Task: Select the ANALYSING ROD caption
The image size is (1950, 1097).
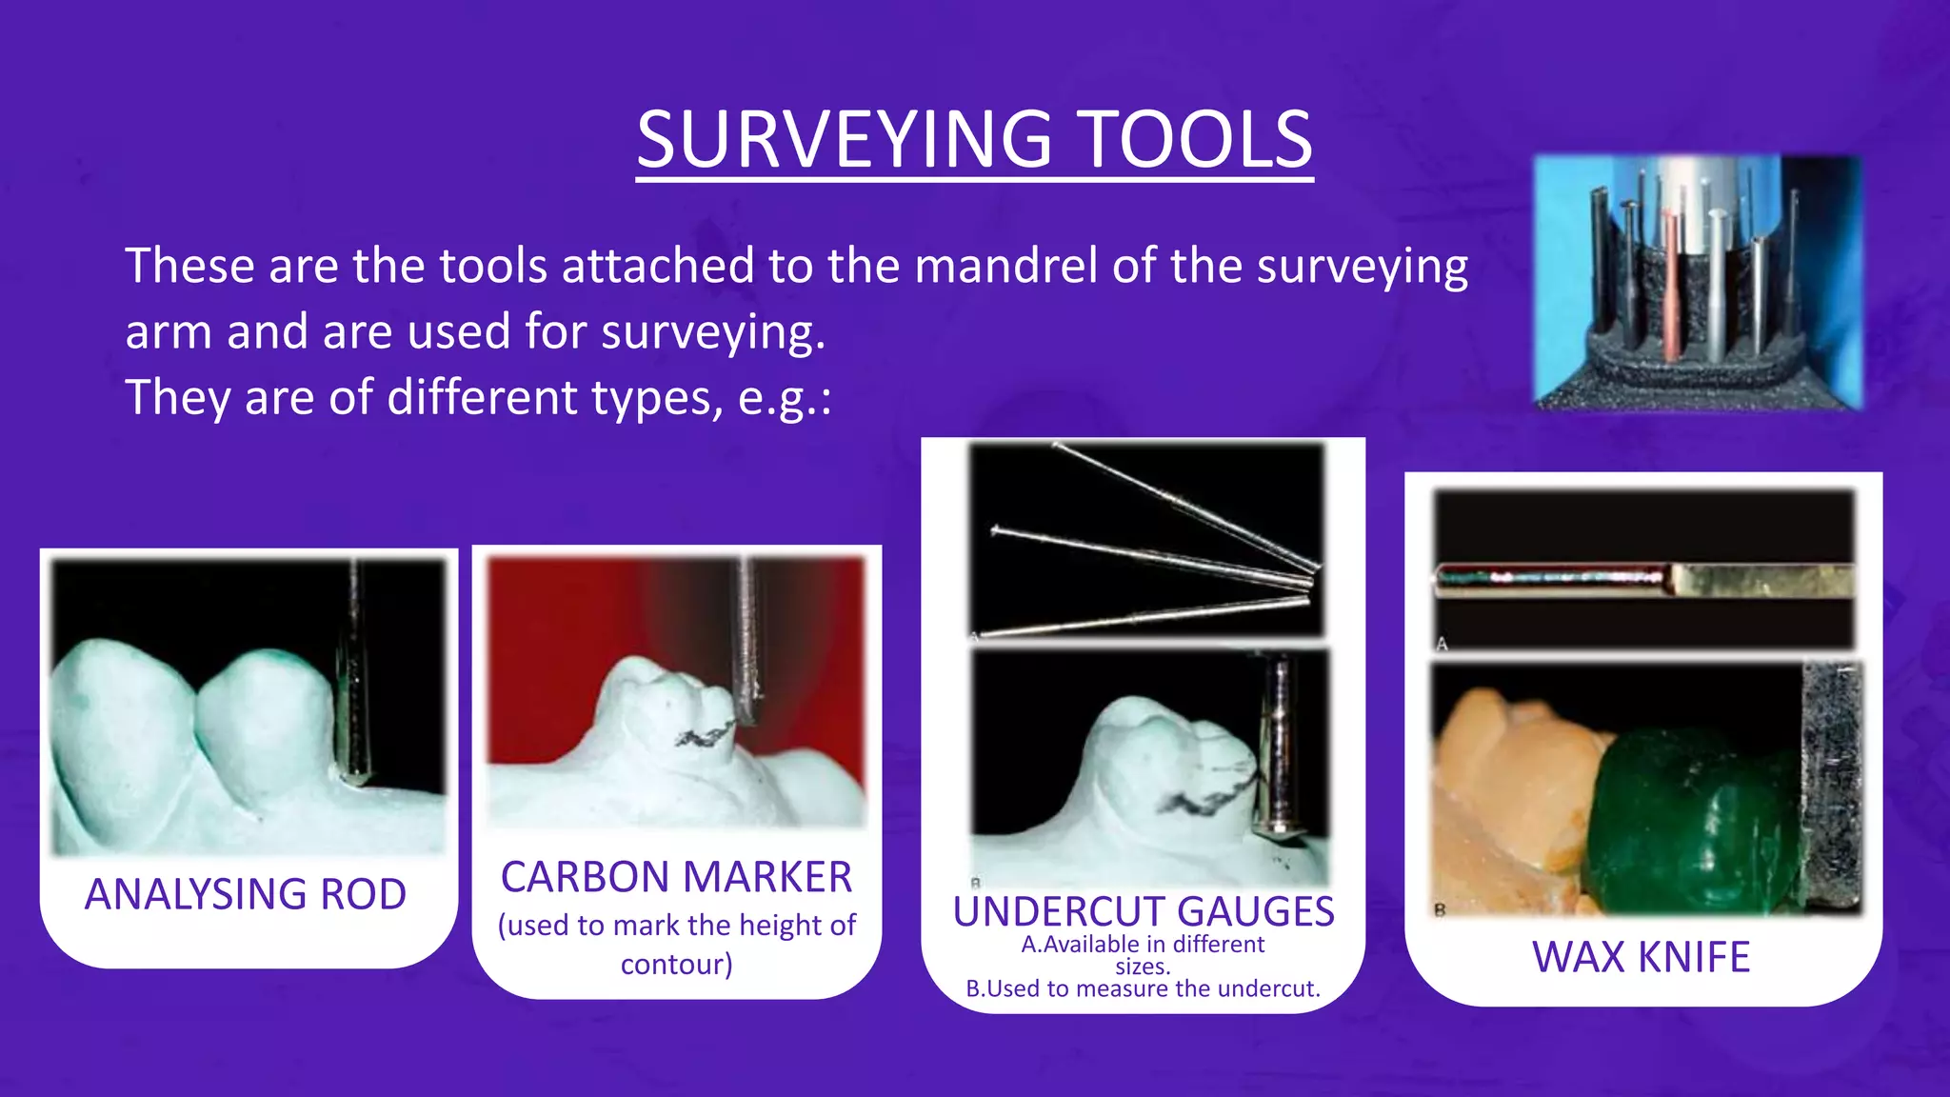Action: coord(246,894)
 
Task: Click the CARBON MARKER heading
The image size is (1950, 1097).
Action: coord(676,877)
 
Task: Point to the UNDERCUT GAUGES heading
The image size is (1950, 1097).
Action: coord(1143,911)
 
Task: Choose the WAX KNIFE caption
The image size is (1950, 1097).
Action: coord(1641,956)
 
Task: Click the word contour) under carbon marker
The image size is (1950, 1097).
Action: coord(676,965)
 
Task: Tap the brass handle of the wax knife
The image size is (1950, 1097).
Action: coord(1761,580)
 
